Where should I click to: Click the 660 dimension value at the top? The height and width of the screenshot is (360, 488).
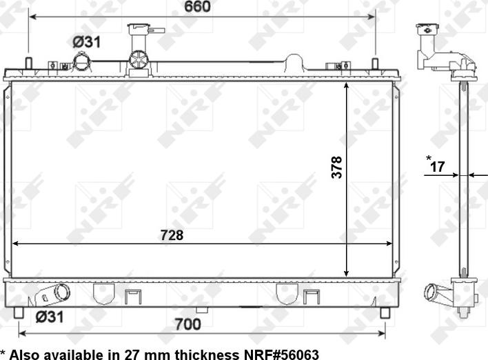click(x=197, y=6)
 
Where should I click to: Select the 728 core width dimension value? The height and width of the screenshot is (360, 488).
click(x=172, y=235)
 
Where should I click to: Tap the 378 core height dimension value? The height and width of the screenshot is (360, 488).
click(x=337, y=167)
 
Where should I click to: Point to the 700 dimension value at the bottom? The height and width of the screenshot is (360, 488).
click(x=187, y=325)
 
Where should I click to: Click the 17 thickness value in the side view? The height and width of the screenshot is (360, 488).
click(x=437, y=167)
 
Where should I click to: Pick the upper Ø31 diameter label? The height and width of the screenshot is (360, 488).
click(x=87, y=42)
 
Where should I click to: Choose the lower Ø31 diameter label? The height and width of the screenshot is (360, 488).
click(x=50, y=317)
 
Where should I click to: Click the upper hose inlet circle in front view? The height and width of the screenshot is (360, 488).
click(x=82, y=62)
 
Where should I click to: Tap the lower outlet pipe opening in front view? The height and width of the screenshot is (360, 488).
click(x=63, y=292)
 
